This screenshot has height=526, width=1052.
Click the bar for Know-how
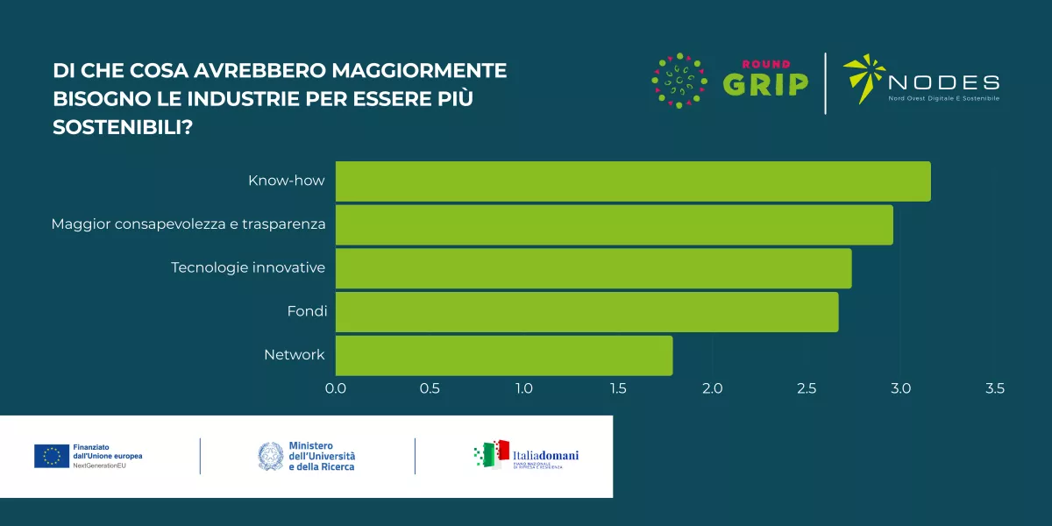[x=632, y=181]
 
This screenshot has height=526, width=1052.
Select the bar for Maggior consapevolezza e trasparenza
[x=614, y=224]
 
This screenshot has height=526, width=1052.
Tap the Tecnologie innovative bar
[x=593, y=268]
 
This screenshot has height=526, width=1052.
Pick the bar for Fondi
[x=586, y=312]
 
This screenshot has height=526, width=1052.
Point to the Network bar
[x=504, y=355]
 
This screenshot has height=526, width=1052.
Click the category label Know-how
[x=287, y=181]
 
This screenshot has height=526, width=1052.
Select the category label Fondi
[x=306, y=311]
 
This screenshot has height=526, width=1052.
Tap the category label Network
[x=295, y=355]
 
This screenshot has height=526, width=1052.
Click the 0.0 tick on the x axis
[x=336, y=388]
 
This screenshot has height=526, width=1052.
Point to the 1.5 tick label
[x=618, y=388]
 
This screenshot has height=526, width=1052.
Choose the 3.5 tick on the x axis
[x=994, y=388]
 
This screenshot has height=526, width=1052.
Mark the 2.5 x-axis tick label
[x=807, y=388]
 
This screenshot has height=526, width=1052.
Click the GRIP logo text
[x=765, y=83]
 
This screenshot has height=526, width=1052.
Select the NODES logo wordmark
[x=943, y=83]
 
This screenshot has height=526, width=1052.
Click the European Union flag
[x=52, y=456]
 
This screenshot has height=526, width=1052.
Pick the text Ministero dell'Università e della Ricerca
[x=322, y=456]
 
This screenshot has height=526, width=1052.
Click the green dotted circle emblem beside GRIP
[x=679, y=82]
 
